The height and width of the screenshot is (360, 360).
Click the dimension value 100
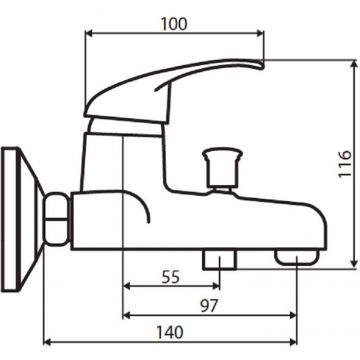pos(175,20)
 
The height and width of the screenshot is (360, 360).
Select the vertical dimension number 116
pos(340,162)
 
